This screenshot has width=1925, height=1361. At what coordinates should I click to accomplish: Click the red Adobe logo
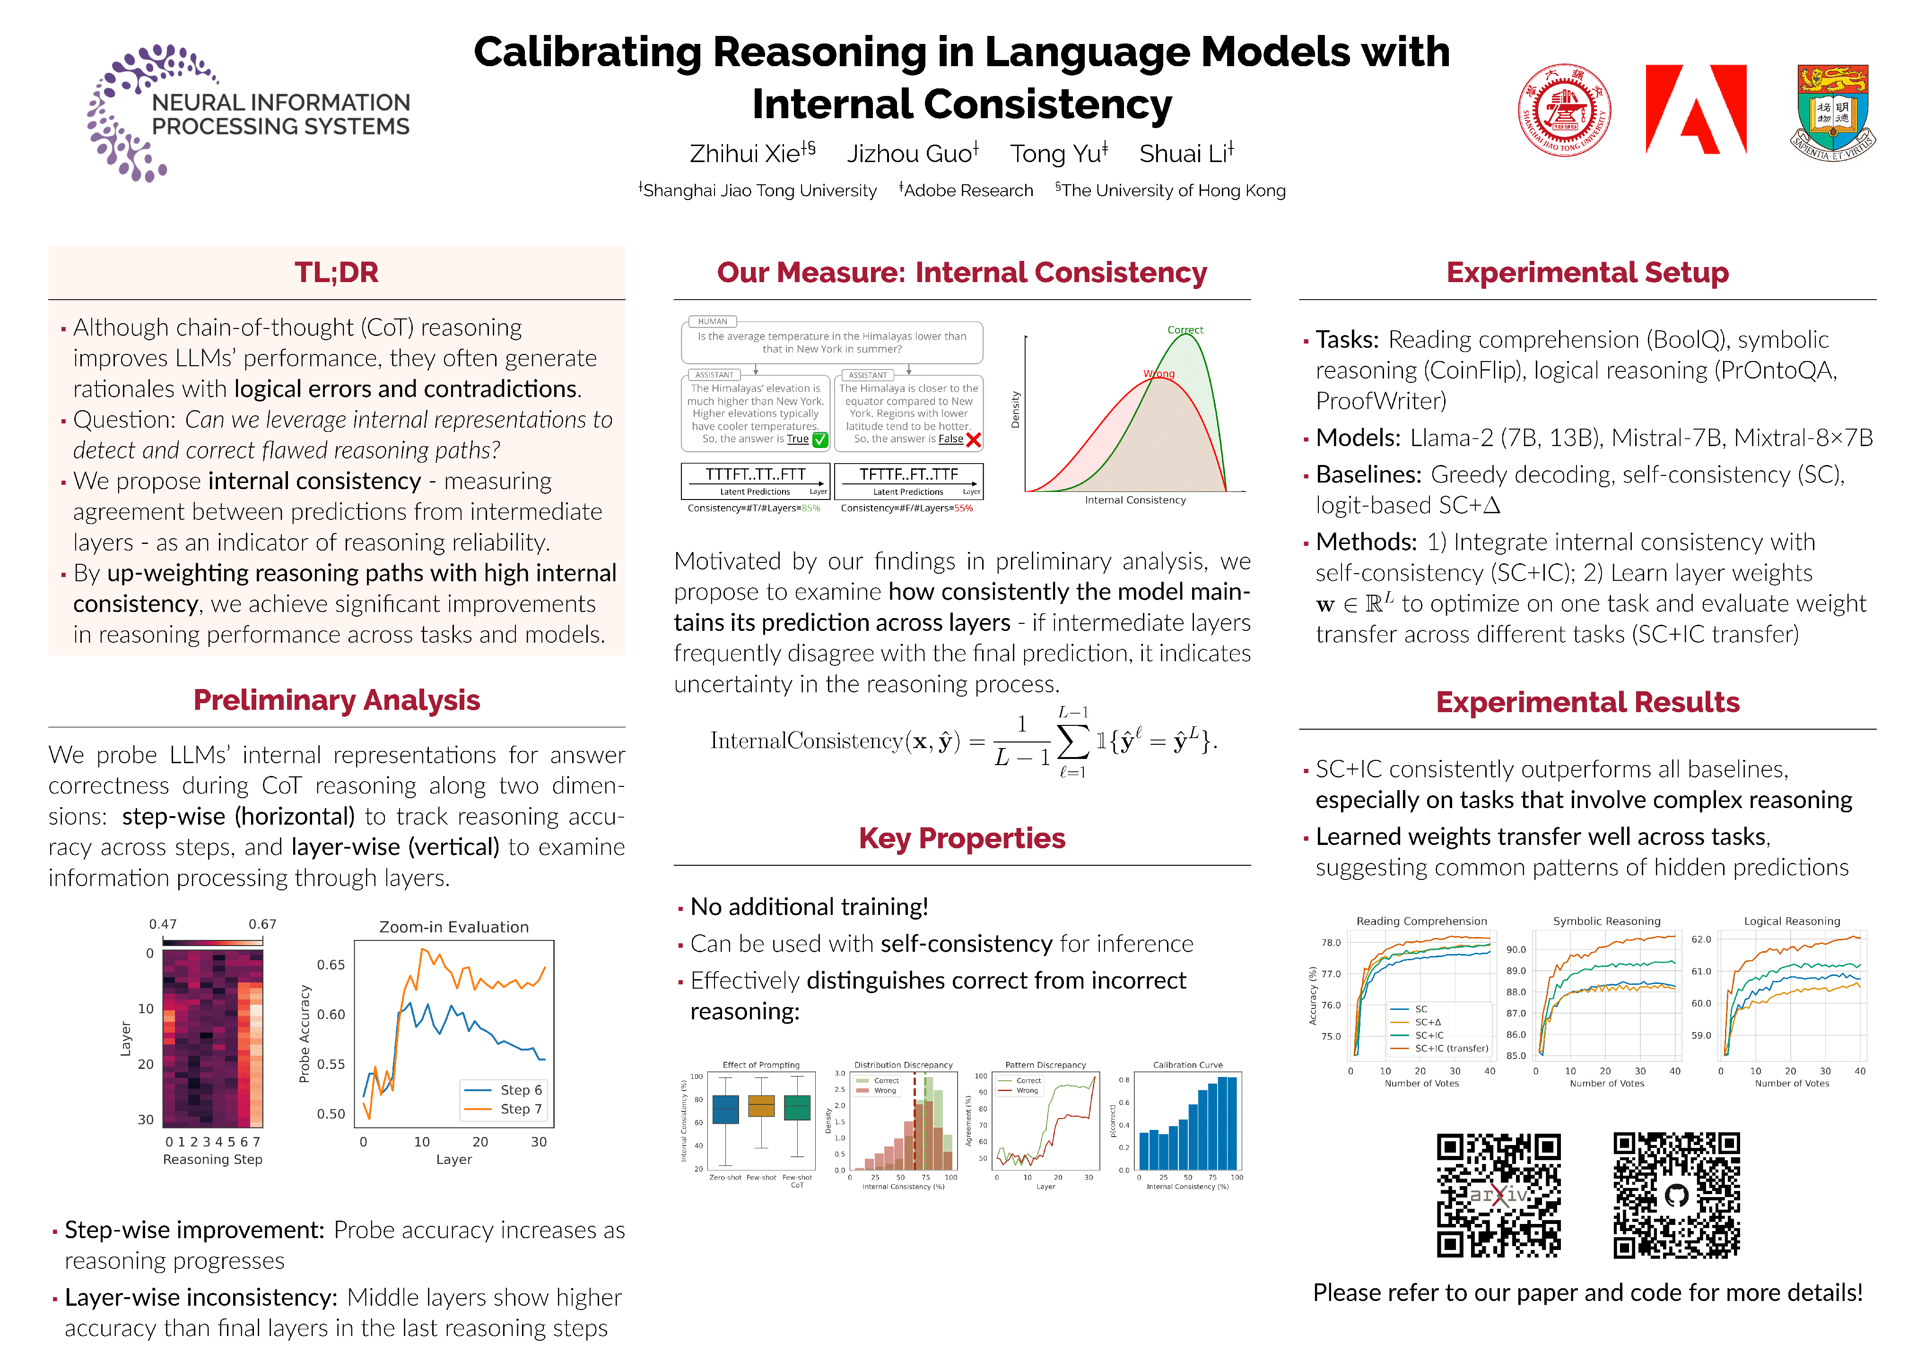tap(1695, 110)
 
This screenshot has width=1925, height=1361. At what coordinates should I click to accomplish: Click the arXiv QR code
tap(1498, 1195)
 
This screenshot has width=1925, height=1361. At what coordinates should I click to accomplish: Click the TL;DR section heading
tap(336, 272)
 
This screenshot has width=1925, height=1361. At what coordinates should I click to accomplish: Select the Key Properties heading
tap(962, 838)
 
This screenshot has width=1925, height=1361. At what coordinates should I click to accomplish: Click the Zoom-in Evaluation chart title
tap(453, 927)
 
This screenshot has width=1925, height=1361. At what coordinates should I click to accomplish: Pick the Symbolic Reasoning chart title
tap(1606, 921)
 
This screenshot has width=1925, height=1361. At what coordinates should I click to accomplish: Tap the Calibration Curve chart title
tap(1187, 1065)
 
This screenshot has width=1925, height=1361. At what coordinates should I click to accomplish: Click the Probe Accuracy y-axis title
tap(305, 1034)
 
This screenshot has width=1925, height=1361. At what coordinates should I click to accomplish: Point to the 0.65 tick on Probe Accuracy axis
tap(331, 965)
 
